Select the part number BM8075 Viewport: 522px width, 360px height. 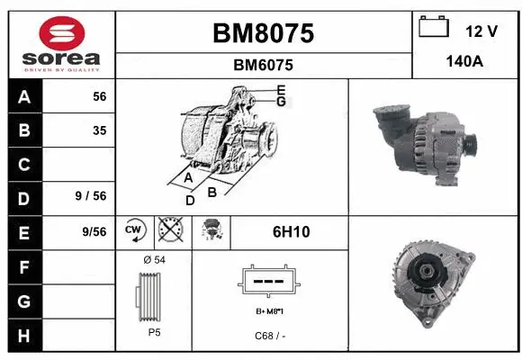[x=263, y=33]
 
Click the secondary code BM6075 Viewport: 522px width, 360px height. [x=263, y=65]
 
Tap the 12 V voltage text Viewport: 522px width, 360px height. [x=481, y=31]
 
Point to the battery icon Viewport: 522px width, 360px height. [x=434, y=28]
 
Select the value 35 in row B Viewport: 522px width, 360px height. [x=99, y=130]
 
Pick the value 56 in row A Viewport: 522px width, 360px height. [x=99, y=96]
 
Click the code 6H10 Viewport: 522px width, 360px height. [x=291, y=231]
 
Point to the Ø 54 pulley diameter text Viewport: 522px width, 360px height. [x=154, y=260]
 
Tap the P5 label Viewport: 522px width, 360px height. [x=154, y=332]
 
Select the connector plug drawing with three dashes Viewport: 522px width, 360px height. [x=265, y=282]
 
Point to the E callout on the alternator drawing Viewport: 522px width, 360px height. [x=281, y=90]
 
